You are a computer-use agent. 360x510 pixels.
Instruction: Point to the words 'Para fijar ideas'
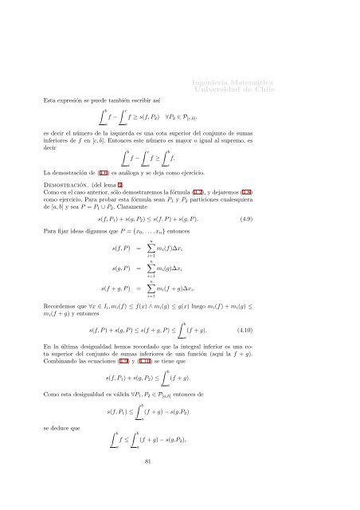coord(70,231)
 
